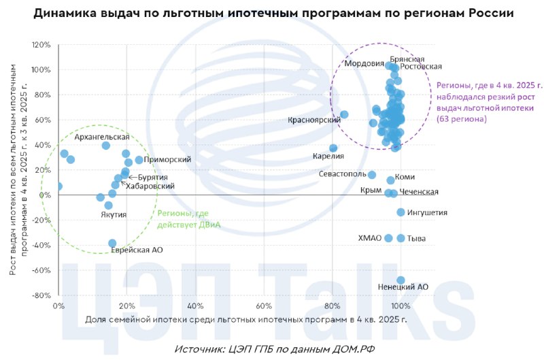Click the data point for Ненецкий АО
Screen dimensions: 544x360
pyautogui.click(x=401, y=280)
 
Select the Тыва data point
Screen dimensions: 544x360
pyautogui.click(x=401, y=238)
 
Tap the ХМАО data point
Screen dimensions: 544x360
pyautogui.click(x=388, y=238)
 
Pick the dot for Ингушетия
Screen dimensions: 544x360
pyautogui.click(x=401, y=212)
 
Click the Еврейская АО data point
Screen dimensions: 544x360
pyautogui.click(x=112, y=244)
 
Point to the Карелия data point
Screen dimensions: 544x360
pyautogui.click(x=333, y=148)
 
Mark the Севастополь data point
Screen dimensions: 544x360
pyautogui.click(x=372, y=175)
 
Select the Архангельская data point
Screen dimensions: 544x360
pyautogui.click(x=106, y=146)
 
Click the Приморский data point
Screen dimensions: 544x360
pyautogui.click(x=139, y=160)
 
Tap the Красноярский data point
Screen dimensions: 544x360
pyautogui.click(x=344, y=114)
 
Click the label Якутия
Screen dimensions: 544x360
pyautogui.click(x=114, y=214)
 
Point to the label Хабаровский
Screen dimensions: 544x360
pyautogui.click(x=150, y=186)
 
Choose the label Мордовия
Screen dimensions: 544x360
pyautogui.click(x=364, y=64)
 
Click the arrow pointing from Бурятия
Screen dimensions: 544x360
pyautogui.click(x=133, y=178)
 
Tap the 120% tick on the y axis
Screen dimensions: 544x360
pyautogui.click(x=41, y=45)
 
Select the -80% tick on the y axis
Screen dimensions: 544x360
pyautogui.click(x=41, y=295)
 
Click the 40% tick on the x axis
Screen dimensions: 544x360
pyautogui.click(x=195, y=306)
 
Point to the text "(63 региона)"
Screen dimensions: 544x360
pyautogui.click(x=462, y=119)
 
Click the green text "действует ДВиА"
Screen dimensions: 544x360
pyautogui.click(x=189, y=225)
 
